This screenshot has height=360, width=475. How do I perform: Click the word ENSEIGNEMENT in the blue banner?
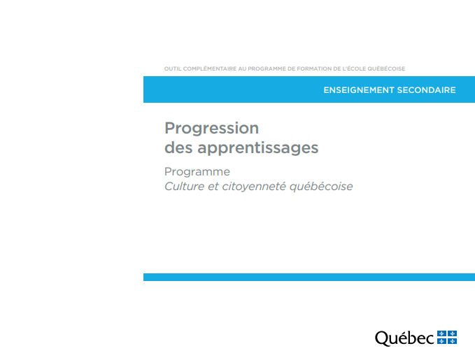click(359, 90)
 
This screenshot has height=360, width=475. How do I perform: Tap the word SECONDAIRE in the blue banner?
click(426, 90)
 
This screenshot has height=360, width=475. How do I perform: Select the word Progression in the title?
click(212, 129)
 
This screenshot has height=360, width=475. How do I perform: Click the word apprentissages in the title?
click(258, 148)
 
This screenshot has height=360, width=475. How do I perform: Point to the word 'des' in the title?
click(178, 147)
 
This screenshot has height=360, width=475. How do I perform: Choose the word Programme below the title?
click(197, 172)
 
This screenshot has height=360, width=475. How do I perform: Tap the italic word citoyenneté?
click(254, 187)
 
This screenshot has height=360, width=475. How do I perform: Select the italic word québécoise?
click(321, 187)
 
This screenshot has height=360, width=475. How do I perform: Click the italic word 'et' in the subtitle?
click(213, 187)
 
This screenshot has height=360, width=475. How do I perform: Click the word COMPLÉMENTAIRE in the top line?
click(210, 69)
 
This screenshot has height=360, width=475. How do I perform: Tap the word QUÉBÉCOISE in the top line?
click(386, 69)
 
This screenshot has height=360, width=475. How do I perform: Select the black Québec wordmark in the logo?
click(405, 338)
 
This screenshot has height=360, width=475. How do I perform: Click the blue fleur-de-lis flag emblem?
click(447, 338)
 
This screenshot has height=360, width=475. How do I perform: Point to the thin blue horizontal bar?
click(309, 277)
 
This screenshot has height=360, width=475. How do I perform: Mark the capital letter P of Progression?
click(170, 128)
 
